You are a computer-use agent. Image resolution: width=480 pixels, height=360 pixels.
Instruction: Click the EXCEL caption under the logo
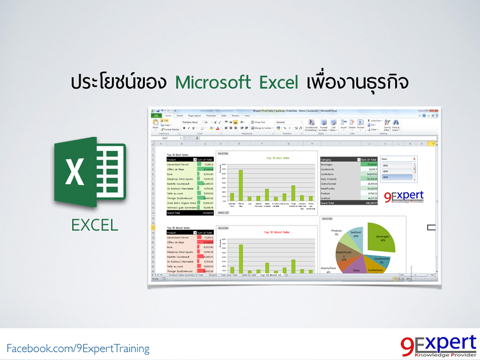pyautogui.click(x=95, y=224)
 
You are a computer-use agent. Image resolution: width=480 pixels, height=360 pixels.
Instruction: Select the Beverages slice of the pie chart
pyautogui.click(x=381, y=238)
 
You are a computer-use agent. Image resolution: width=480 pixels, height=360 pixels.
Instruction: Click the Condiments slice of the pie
pyautogui.click(x=381, y=261)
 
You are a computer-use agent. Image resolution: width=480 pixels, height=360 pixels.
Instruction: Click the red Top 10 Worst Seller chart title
pyautogui.click(x=277, y=232)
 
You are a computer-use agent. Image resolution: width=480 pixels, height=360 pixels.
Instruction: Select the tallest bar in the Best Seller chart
pyautogui.click(x=240, y=185)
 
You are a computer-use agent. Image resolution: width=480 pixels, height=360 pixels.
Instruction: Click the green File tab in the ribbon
pyautogui.click(x=156, y=116)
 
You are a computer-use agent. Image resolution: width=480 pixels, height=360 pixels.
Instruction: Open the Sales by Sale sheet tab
pyautogui.click(x=249, y=276)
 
